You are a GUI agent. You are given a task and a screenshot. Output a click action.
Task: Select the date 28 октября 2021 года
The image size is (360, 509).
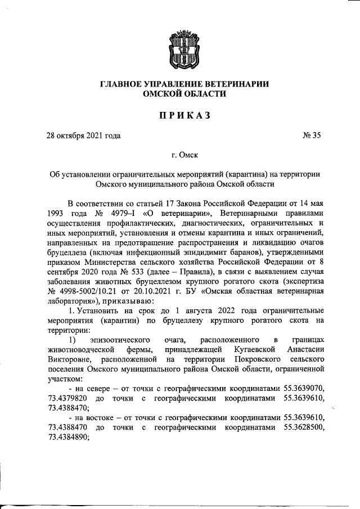pyautogui.click(x=83, y=135)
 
